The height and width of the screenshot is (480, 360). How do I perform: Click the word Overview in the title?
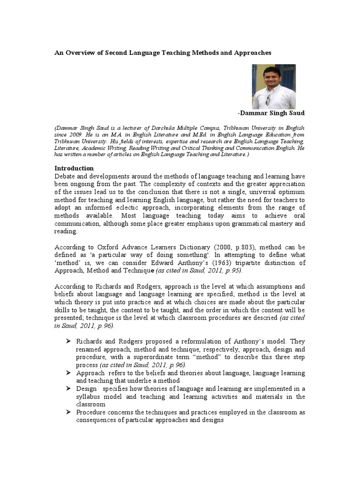click(x=81, y=53)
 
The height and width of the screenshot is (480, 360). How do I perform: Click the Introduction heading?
click(x=74, y=168)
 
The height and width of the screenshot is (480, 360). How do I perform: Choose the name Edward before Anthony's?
click(x=170, y=263)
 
